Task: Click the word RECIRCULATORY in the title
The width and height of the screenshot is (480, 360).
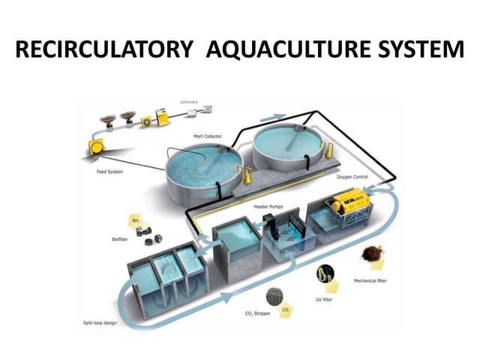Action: tap(102, 52)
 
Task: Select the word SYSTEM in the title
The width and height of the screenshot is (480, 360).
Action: tap(412, 52)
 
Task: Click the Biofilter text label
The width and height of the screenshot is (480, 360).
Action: tap(111, 239)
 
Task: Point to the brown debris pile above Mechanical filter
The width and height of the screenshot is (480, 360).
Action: tap(371, 255)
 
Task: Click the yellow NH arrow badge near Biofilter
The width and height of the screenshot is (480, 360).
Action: tap(136, 220)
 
